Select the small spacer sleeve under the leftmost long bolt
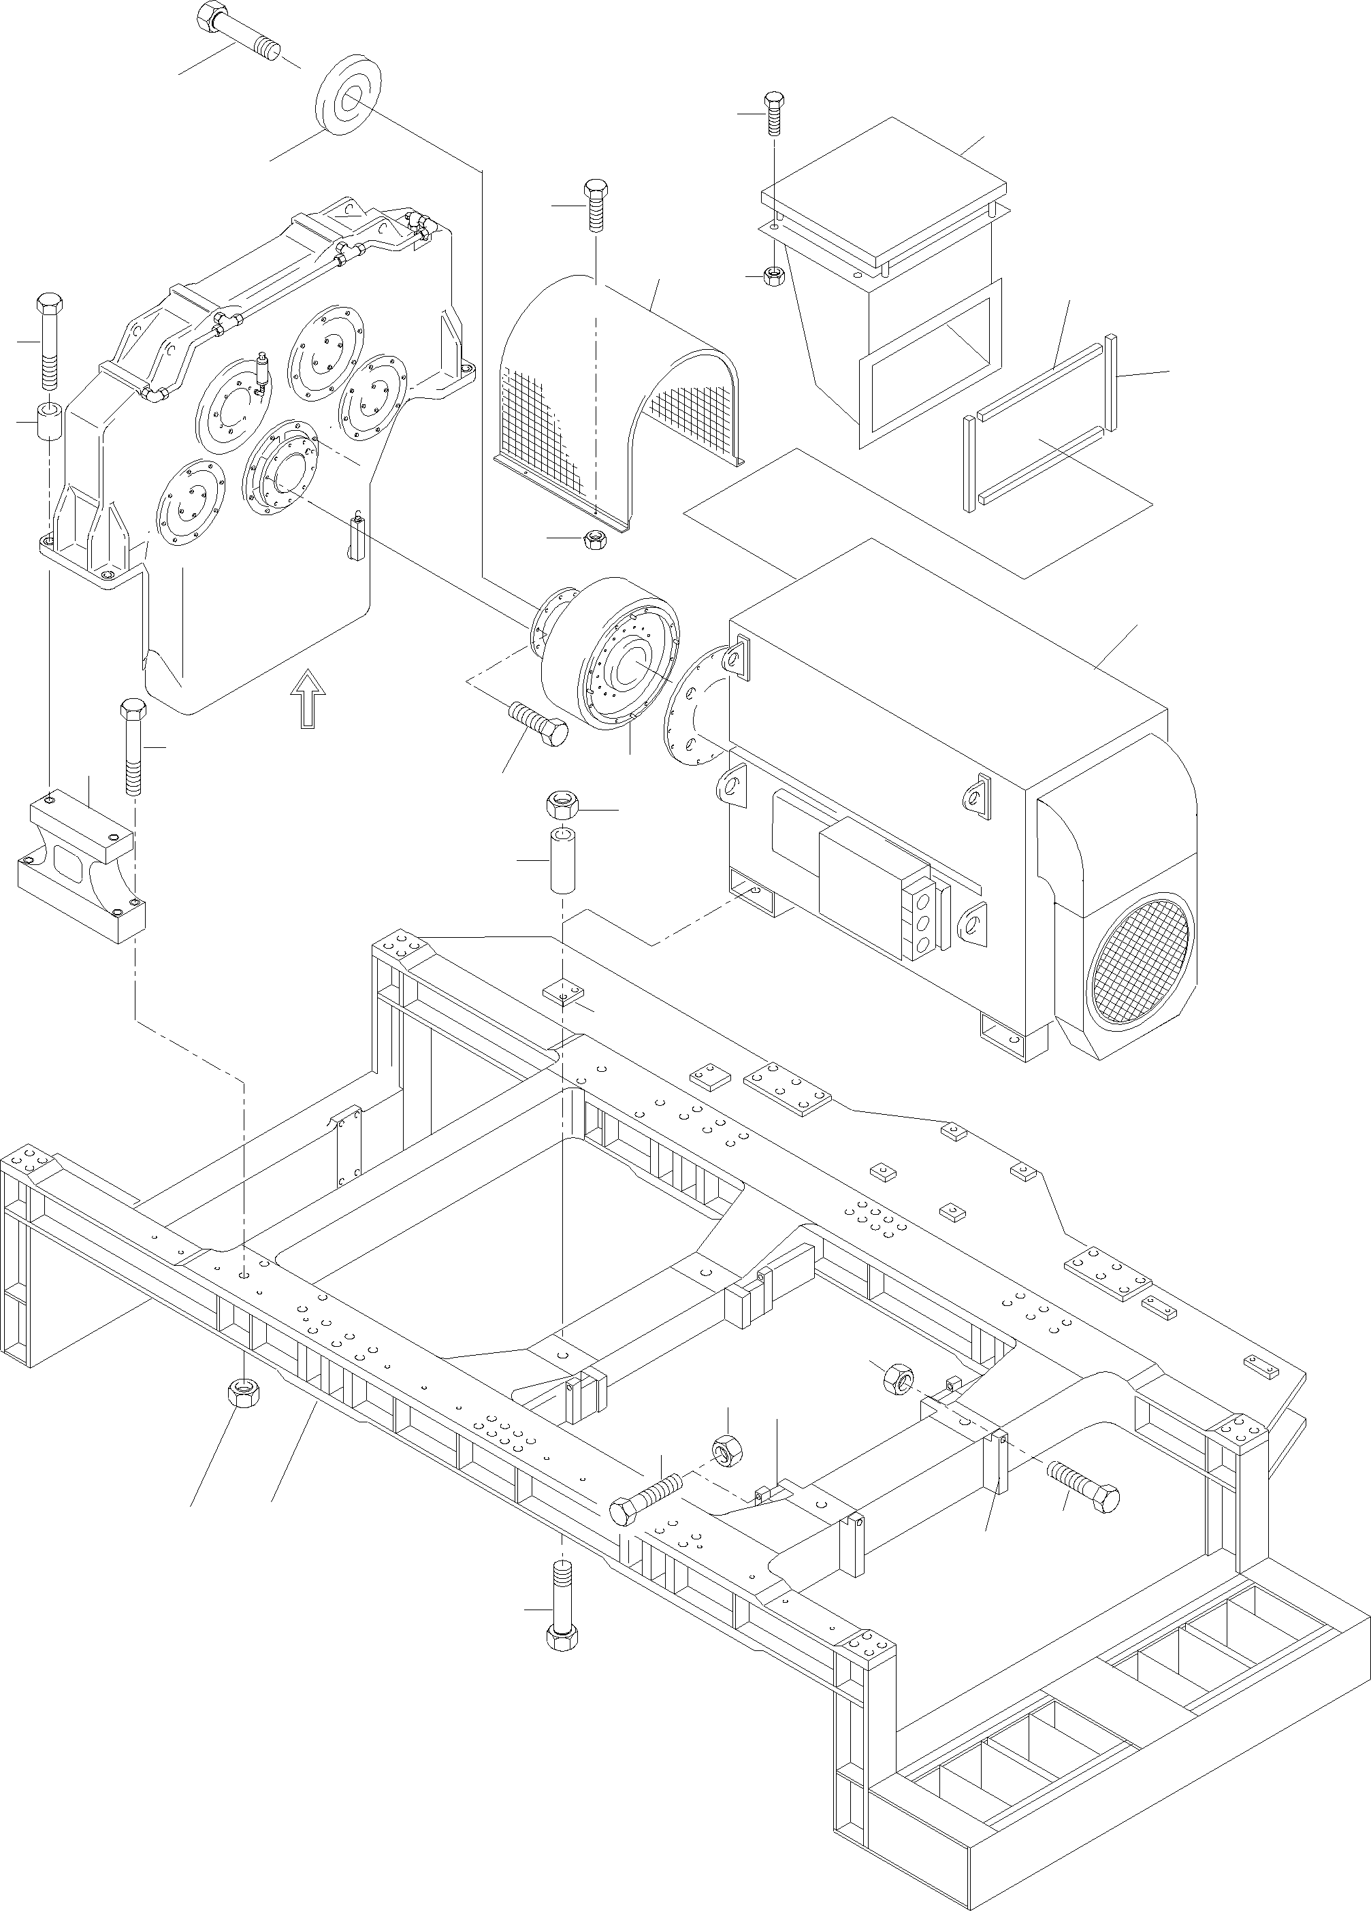[x=50, y=421]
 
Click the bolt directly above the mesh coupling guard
[x=595, y=203]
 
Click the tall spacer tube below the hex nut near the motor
[x=562, y=860]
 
